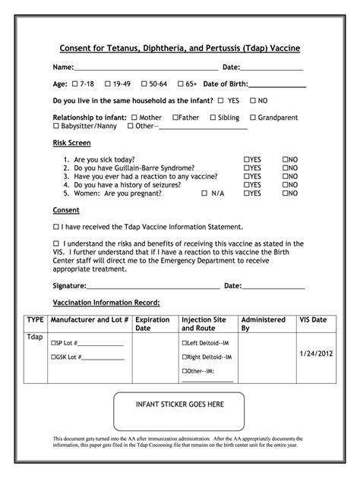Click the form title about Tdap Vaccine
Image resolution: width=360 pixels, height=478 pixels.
[x=180, y=48]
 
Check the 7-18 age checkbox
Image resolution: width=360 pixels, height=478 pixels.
[x=74, y=83]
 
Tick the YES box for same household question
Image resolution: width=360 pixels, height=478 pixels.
[x=221, y=100]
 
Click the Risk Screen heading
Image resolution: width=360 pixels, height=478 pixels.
[x=71, y=143]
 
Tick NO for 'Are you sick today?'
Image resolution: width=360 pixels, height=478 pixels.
[x=286, y=160]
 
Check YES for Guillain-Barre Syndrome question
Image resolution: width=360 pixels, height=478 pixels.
[x=247, y=168]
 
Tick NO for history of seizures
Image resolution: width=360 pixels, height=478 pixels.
[x=286, y=185]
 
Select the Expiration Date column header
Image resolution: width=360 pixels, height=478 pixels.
[x=152, y=324]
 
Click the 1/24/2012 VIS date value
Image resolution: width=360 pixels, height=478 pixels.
[x=316, y=354]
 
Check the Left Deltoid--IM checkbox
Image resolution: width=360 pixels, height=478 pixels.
[x=185, y=343]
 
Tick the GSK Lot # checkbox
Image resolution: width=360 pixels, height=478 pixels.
[x=54, y=357]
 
